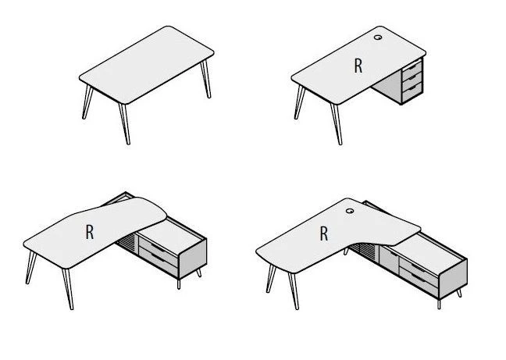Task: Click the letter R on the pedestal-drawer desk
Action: (358, 66)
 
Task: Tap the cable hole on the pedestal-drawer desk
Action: (378, 37)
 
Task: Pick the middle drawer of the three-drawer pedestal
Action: (412, 78)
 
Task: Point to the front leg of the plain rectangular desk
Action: (125, 124)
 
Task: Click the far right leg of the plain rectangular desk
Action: (206, 79)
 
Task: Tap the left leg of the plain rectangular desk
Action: (87, 102)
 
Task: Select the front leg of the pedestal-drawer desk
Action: (337, 124)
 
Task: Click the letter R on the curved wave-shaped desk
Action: (90, 232)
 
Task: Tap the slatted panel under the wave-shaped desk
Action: (126, 241)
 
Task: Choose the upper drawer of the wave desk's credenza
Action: (158, 248)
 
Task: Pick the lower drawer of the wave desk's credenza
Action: (158, 259)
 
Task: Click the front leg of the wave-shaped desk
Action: (68, 289)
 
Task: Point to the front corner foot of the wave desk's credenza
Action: (179, 284)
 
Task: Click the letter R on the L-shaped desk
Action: (324, 233)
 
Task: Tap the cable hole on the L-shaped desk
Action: (350, 211)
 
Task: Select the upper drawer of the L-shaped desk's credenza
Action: (419, 268)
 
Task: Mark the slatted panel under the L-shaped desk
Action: (364, 251)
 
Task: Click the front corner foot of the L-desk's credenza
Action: (439, 305)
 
